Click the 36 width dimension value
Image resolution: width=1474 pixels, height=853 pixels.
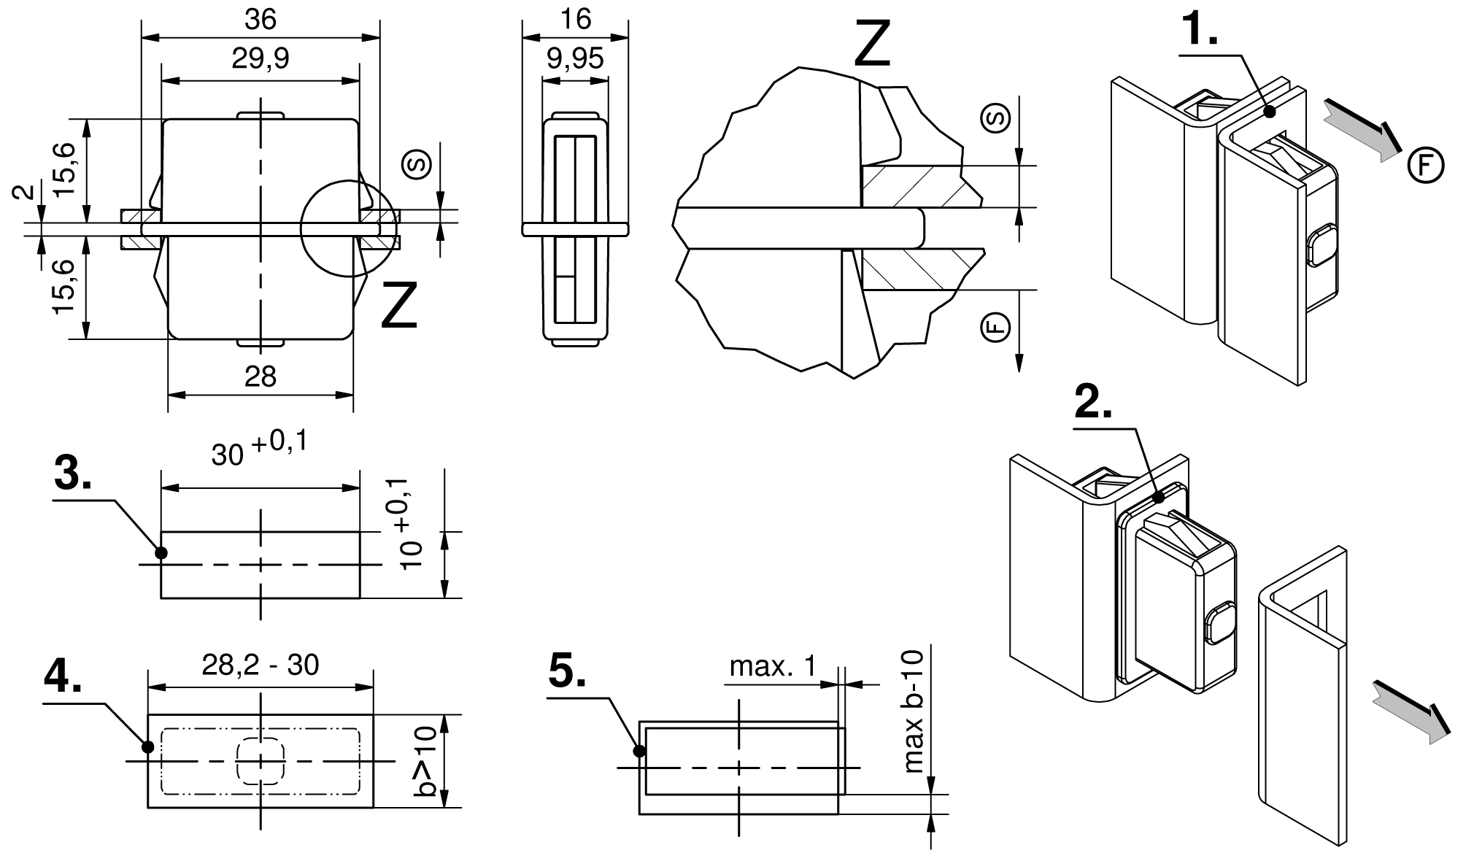point(261,20)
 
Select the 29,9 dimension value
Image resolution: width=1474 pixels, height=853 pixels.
point(261,58)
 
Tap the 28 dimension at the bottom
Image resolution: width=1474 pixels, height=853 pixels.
point(261,377)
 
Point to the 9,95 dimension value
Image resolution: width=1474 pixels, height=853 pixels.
point(575,58)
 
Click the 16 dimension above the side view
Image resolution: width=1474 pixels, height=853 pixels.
point(575,19)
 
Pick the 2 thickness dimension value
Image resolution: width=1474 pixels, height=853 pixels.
point(24,192)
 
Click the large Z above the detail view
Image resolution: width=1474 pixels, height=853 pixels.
point(872,44)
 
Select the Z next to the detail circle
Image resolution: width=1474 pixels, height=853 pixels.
point(399,306)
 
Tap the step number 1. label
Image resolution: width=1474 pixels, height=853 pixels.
point(1199,30)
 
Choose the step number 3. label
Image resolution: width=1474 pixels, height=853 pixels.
point(73,475)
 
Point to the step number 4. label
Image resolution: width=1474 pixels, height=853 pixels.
point(63,677)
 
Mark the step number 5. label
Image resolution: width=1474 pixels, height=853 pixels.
point(567,671)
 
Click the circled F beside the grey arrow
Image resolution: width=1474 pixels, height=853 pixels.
point(1425,166)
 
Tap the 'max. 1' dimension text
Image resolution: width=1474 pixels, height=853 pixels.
point(773,665)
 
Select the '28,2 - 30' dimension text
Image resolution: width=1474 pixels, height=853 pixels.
point(261,665)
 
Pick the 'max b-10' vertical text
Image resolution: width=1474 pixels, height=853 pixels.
point(913,711)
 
